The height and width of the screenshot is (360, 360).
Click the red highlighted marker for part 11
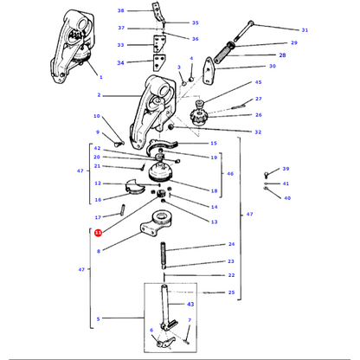click(x=98, y=233)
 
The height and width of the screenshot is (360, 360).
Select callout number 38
click(x=121, y=10)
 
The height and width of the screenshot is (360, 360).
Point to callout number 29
click(x=294, y=42)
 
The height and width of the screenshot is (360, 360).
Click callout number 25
click(x=231, y=292)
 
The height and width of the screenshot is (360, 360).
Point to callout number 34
click(x=120, y=62)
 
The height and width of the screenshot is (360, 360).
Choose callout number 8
click(x=99, y=251)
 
